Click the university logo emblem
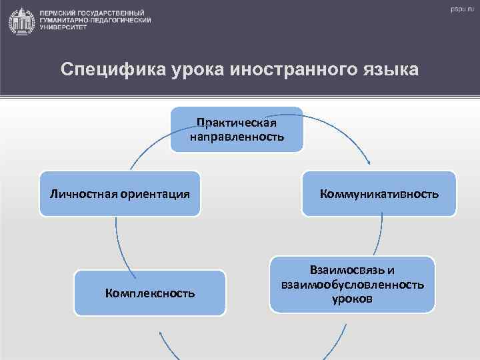[22, 21]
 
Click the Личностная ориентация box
[120, 194]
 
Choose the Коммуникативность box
[379, 194]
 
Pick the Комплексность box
[150, 293]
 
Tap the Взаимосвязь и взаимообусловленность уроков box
[352, 285]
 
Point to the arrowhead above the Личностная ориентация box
[130, 167]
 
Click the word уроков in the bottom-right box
[352, 299]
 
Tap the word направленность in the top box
[237, 137]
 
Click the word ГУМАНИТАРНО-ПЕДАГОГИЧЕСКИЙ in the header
[95, 21]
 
